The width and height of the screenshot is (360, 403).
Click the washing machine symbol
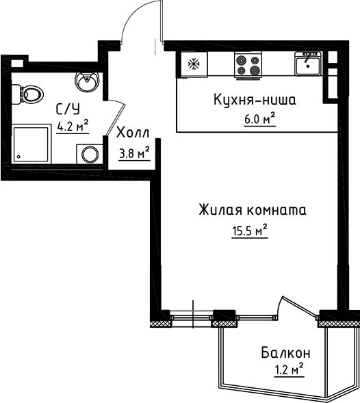point(90,154)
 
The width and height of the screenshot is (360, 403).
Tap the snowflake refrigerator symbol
point(193,66)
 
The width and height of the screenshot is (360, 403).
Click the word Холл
point(130,133)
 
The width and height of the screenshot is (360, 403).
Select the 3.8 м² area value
point(133,153)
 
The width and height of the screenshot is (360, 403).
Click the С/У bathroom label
point(67,109)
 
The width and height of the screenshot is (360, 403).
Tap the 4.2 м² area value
point(73,126)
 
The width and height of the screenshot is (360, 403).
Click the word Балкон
point(286,353)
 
